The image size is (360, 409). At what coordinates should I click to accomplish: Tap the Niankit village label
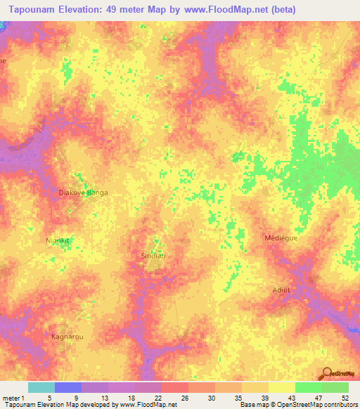pos(59,240)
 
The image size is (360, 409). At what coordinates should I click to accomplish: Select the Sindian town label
pos(153,256)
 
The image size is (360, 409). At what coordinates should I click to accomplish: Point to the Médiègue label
pos(281,238)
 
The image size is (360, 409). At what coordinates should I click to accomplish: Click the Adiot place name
pos(281,290)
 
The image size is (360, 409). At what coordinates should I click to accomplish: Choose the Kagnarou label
pos(68,337)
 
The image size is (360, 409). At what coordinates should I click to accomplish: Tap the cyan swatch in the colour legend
pos(41,387)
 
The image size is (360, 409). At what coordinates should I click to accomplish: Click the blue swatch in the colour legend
pos(68,387)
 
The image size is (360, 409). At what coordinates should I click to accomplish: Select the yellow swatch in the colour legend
pos(281,387)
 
